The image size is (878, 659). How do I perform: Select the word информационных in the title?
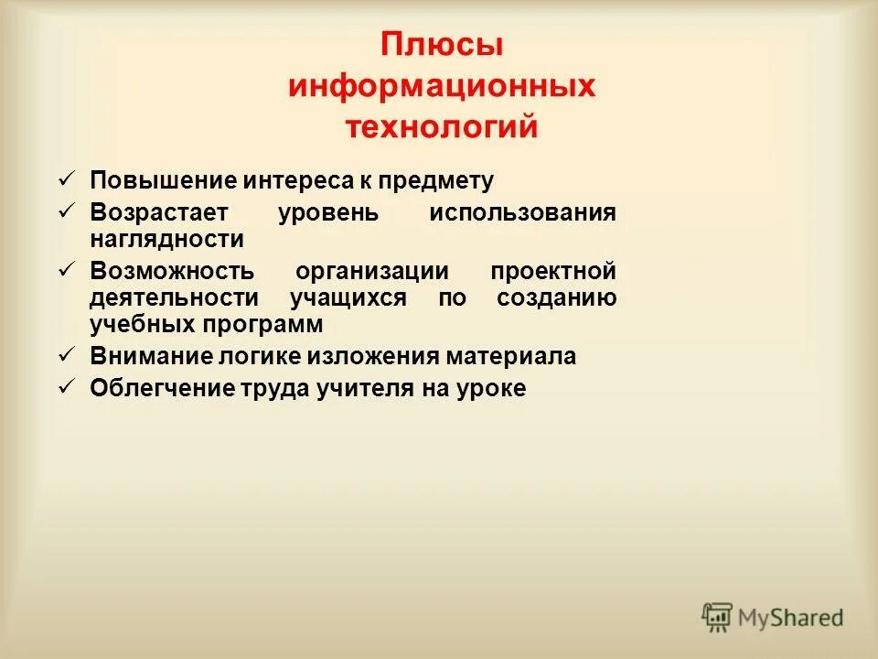(x=442, y=87)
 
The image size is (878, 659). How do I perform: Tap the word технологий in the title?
(x=442, y=127)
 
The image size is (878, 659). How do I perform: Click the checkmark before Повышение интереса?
(x=66, y=178)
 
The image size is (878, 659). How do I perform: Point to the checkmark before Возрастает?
(x=66, y=211)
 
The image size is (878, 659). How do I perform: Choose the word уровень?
(x=327, y=212)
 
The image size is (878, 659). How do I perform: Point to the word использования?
(x=522, y=212)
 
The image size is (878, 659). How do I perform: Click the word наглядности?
(x=166, y=240)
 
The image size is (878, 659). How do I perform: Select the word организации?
(x=372, y=272)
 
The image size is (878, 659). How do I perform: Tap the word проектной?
(x=552, y=272)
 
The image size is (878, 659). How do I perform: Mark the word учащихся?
(x=348, y=298)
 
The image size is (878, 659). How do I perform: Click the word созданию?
(x=556, y=298)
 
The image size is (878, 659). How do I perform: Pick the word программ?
(x=273, y=325)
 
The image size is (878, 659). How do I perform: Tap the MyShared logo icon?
(x=718, y=617)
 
